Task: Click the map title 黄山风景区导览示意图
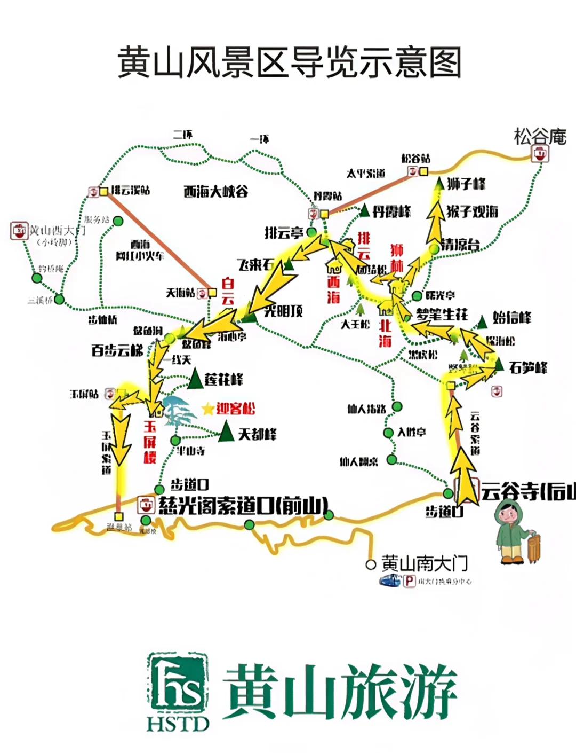click(289, 63)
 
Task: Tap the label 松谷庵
click(540, 137)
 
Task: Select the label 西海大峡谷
click(215, 191)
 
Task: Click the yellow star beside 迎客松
click(207, 409)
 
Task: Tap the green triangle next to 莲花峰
click(196, 379)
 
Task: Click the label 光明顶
click(284, 310)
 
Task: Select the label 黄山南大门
click(424, 563)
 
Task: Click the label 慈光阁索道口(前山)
click(243, 505)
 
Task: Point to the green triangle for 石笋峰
click(499, 365)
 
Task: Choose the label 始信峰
click(511, 318)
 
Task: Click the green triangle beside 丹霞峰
click(365, 211)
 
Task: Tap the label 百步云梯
click(117, 351)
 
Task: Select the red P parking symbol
click(409, 581)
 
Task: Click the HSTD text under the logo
click(178, 724)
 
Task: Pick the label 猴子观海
click(472, 211)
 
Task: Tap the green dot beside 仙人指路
click(396, 407)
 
